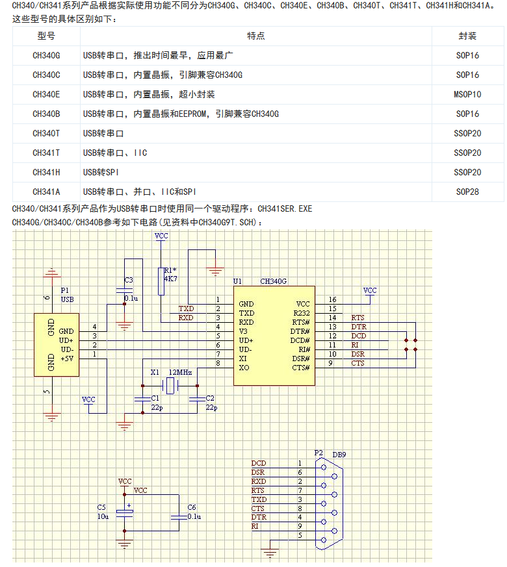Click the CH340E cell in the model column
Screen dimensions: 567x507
(46, 94)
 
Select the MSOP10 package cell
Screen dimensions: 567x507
(467, 94)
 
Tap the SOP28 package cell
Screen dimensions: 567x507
(467, 192)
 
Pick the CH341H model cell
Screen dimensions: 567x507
(46, 172)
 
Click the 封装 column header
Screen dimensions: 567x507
(467, 36)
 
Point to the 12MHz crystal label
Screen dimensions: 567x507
(180, 372)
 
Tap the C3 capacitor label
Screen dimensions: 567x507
(129, 280)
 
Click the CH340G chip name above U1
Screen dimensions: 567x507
(273, 281)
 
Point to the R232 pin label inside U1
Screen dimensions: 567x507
(301, 312)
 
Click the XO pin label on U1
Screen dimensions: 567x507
(244, 368)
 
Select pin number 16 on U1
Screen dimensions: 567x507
(332, 299)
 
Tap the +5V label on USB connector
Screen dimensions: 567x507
(68, 358)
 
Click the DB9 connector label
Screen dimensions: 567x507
(339, 455)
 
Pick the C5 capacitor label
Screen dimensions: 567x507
(101, 507)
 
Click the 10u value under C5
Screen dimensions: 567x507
(103, 516)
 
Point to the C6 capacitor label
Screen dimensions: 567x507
(191, 507)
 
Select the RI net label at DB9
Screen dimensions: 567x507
(255, 526)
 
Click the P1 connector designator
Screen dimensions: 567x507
(64, 290)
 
